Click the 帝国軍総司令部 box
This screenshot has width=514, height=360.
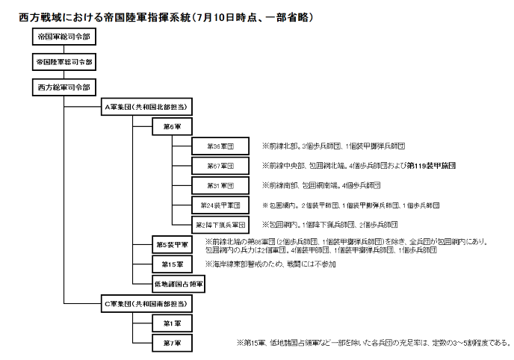click(62, 36)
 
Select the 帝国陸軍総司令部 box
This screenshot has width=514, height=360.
click(64, 61)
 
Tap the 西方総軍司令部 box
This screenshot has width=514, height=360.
click(62, 87)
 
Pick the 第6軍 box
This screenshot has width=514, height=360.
click(169, 126)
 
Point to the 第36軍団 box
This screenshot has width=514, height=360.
click(220, 146)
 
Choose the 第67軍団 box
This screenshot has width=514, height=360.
click(220, 165)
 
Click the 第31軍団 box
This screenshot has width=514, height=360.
click(220, 185)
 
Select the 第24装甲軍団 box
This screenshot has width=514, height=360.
click(220, 205)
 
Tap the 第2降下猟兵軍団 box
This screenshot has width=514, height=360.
click(220, 224)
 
